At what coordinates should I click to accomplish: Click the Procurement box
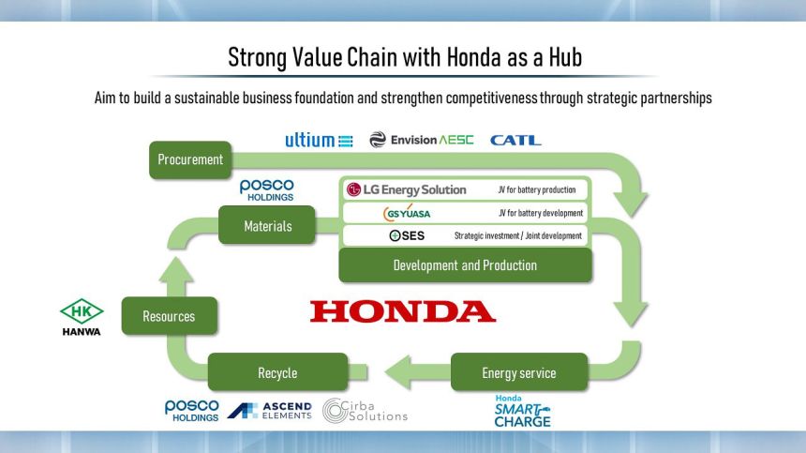click(190, 159)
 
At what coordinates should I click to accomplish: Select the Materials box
click(267, 225)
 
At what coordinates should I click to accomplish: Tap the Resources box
click(169, 316)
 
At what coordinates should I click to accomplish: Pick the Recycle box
click(277, 372)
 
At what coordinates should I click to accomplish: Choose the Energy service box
click(518, 372)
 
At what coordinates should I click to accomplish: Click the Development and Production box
click(465, 265)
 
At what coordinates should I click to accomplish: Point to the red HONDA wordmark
click(403, 311)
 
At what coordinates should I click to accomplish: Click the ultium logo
click(319, 140)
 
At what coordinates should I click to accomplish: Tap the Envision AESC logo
click(422, 140)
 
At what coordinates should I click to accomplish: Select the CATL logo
click(515, 140)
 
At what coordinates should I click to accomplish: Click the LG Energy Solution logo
click(407, 189)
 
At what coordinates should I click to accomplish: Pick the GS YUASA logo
click(407, 213)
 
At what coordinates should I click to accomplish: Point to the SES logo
click(407, 235)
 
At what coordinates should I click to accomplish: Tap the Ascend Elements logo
click(269, 410)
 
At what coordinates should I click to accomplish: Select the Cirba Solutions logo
click(366, 411)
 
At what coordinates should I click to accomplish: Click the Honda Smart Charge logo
click(522, 411)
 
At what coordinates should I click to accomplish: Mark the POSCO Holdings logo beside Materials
click(266, 189)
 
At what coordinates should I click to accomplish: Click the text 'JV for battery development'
click(542, 213)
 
